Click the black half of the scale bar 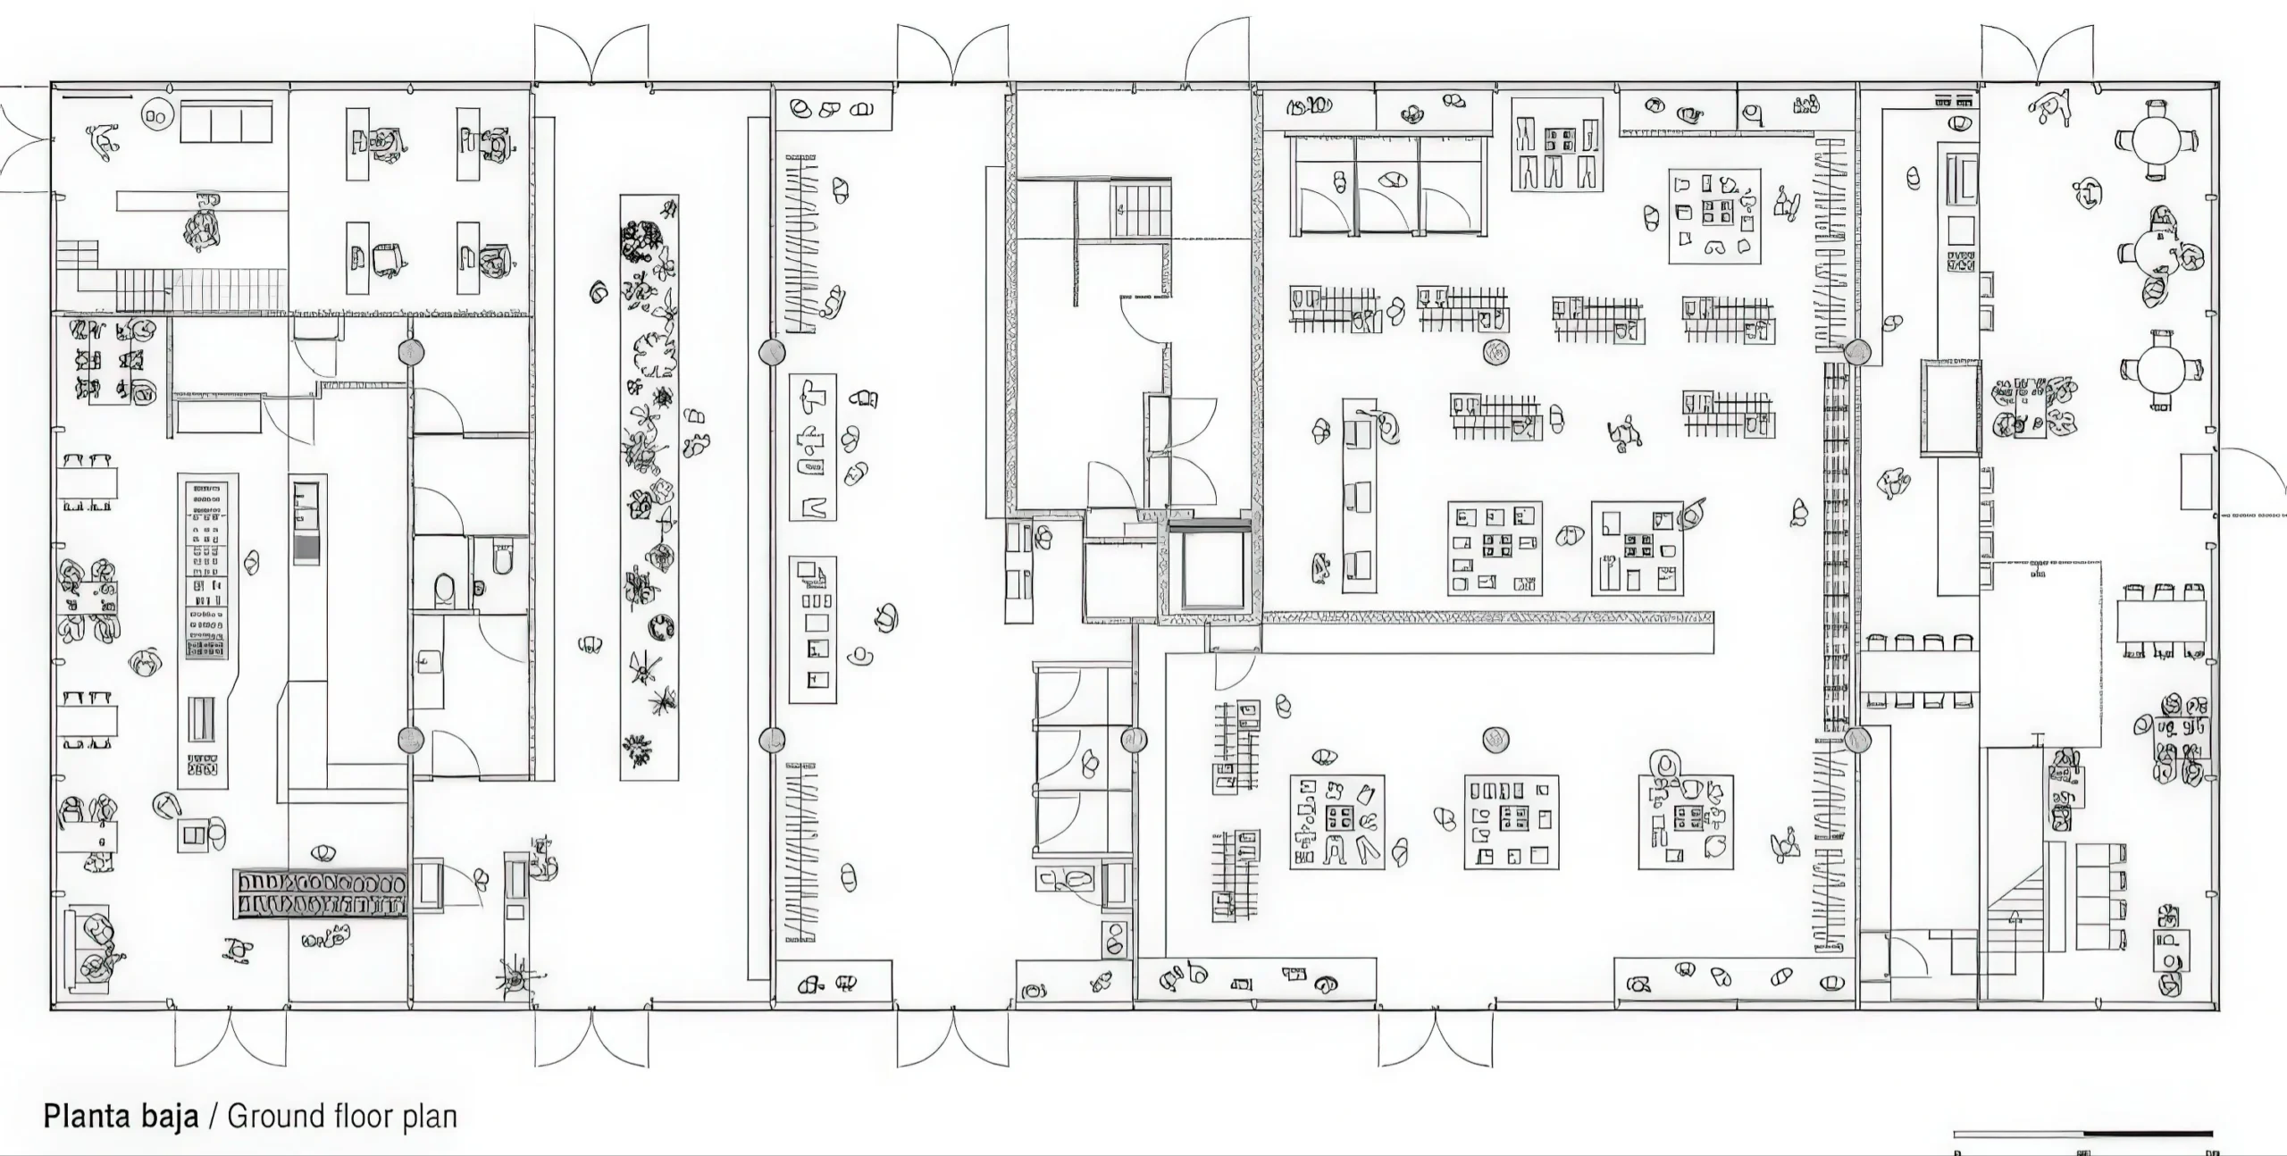click(2148, 1135)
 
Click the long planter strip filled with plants click(649, 487)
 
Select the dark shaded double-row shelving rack click(321, 893)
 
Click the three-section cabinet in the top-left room click(226, 121)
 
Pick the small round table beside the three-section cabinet click(157, 114)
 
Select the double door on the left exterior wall click(25, 138)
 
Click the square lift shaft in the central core click(1213, 568)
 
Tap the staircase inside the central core click(1140, 209)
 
